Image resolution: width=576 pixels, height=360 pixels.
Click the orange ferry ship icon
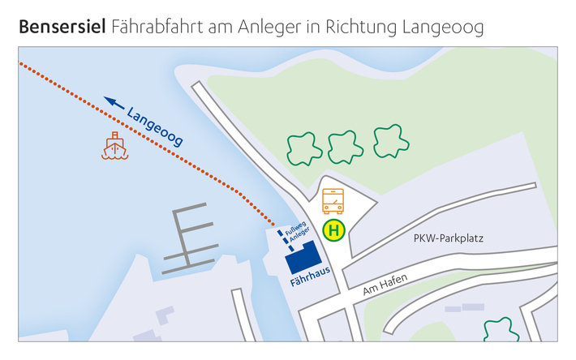point(115,146)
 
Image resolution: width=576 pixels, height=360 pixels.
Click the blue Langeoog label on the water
point(155,126)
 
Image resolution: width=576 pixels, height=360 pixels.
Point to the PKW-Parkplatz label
point(448,239)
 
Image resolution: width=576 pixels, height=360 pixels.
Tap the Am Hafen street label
point(385,284)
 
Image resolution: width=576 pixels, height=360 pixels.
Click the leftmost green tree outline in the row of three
point(304,149)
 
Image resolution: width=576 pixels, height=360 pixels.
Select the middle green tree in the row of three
point(346,147)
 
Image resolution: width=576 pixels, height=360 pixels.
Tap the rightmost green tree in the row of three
point(390,141)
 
